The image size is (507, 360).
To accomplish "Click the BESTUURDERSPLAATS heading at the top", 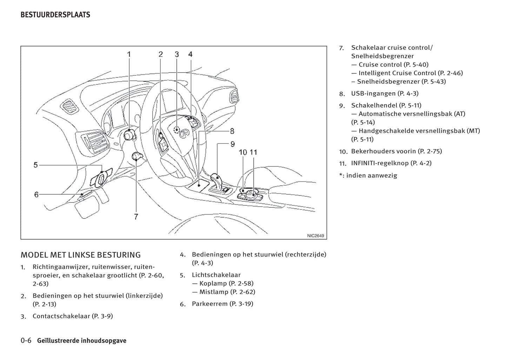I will pos(55,15).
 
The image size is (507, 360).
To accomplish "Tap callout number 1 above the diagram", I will pos(129,54).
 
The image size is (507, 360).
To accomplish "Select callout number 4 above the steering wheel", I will pos(190,54).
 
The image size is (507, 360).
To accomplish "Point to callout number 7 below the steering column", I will pos(136,216).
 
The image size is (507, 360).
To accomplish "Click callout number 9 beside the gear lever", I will pos(233,144).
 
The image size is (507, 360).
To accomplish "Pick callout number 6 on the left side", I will pos(36,194).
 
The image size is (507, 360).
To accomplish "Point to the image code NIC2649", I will pos(315,236).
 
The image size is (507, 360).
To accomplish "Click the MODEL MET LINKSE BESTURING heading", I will pos(81,255).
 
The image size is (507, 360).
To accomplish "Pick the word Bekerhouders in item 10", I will pos(373,151).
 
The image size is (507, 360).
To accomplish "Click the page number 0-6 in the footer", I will pos(26,341).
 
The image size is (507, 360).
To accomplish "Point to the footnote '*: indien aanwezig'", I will pos(368,175).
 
